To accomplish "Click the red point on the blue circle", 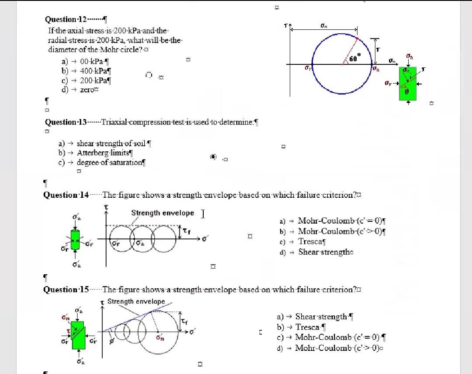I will click(357, 39).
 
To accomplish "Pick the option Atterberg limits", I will click(103, 153).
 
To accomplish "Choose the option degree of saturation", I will click(110, 162).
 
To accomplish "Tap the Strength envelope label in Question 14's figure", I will click(163, 213).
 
